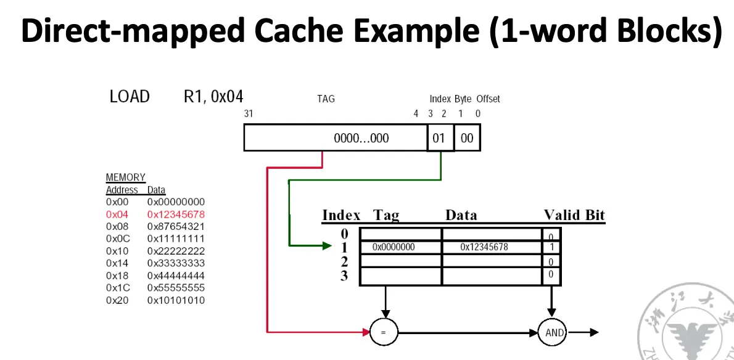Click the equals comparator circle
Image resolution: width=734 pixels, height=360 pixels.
click(383, 332)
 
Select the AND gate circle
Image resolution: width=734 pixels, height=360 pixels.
click(555, 332)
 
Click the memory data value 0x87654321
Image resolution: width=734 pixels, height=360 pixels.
click(176, 226)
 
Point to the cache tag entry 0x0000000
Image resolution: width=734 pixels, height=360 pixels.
click(394, 247)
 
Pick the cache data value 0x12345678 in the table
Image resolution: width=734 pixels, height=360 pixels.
click(484, 247)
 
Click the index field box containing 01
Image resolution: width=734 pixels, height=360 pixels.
click(439, 138)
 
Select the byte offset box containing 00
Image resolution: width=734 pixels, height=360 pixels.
click(467, 138)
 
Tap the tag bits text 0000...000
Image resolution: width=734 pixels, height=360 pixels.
click(361, 138)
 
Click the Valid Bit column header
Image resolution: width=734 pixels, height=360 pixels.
click(574, 215)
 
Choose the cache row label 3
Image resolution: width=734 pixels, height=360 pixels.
click(344, 275)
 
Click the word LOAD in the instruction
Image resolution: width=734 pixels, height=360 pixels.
click(130, 97)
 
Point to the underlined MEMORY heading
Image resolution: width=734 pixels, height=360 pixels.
click(125, 178)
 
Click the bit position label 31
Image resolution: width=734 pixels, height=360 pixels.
click(249, 113)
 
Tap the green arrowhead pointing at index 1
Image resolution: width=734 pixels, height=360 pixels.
click(327, 246)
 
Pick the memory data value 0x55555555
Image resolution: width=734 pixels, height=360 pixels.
click(176, 288)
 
